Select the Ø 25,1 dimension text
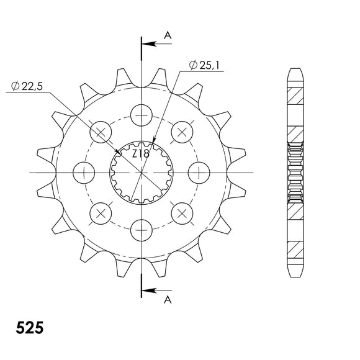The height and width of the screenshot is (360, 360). point(201,64)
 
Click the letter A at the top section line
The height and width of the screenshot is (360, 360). point(167,37)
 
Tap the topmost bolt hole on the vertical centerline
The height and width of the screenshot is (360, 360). point(142,114)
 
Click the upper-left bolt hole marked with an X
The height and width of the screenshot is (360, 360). point(101,131)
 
